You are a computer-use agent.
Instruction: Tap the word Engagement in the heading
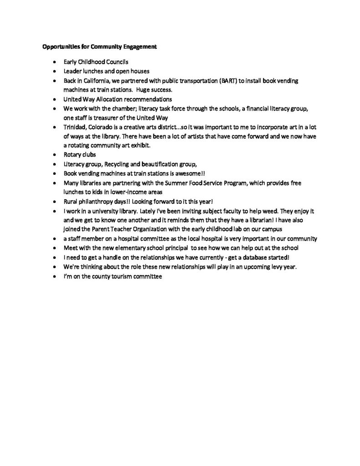(x=137, y=46)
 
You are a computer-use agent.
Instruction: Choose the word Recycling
(x=120, y=163)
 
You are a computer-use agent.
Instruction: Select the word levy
(x=268, y=267)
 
